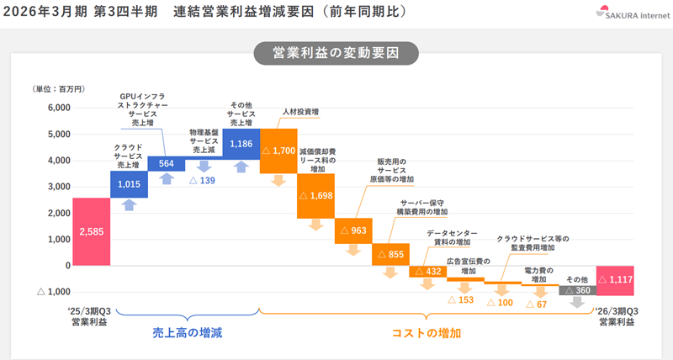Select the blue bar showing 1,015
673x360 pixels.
(x=129, y=184)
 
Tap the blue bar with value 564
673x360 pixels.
(x=167, y=164)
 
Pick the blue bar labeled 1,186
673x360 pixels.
(x=241, y=143)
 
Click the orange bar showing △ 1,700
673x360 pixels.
(x=278, y=151)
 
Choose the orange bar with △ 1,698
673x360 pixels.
(x=316, y=196)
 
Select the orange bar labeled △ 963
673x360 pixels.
(x=353, y=230)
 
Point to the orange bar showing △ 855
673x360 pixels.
(x=390, y=254)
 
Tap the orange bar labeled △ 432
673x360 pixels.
(x=427, y=271)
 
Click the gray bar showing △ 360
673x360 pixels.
(x=576, y=290)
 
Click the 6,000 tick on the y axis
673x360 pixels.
(x=58, y=108)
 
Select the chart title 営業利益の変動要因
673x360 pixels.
(x=336, y=52)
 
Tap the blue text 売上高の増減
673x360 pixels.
(x=188, y=333)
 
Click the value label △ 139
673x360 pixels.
(x=204, y=181)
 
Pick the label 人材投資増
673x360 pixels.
(x=301, y=112)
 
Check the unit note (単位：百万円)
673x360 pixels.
(x=59, y=89)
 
